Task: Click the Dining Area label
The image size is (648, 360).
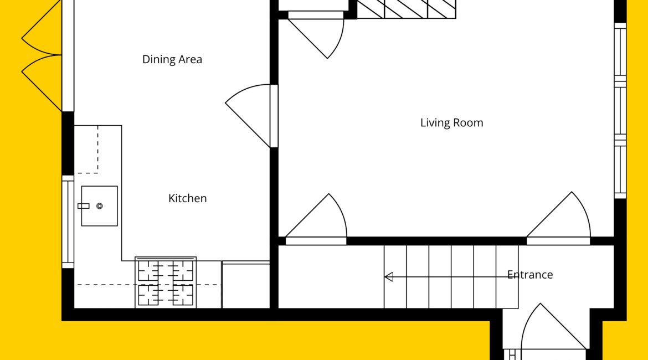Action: coord(172,59)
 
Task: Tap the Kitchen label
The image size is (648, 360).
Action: coord(187,198)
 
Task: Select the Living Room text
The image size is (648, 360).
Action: coord(452,123)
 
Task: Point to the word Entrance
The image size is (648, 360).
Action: coord(530,275)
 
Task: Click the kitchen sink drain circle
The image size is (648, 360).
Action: coord(100,206)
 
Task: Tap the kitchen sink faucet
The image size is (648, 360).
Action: coord(84,206)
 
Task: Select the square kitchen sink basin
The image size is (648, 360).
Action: coord(99,206)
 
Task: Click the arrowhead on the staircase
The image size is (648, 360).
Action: coord(388,277)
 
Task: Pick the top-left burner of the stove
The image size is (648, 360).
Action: coord(148,271)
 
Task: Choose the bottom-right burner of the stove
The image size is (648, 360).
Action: coord(183,295)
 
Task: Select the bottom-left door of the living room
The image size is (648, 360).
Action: coord(316,219)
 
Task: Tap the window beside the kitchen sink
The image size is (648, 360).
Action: coord(68,222)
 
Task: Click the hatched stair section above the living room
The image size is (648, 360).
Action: coord(406,9)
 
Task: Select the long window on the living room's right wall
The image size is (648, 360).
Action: coord(620,111)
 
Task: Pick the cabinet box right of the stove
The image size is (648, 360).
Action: coord(246,285)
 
